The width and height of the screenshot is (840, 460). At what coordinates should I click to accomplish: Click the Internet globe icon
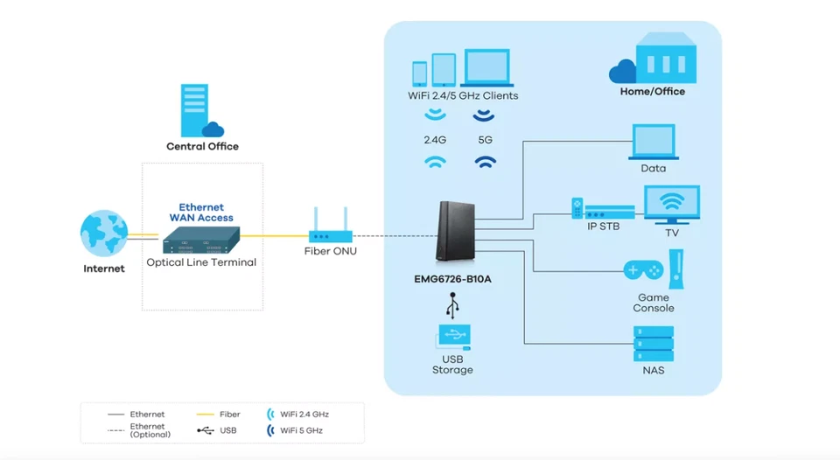103,233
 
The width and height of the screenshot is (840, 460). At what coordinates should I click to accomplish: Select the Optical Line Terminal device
201,240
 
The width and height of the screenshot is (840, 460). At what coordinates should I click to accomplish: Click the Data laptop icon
653,143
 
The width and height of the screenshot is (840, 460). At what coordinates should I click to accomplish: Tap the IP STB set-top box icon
603,210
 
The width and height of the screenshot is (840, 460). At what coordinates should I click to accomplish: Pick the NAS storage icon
653,344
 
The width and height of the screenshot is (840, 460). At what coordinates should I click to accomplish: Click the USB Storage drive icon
452,337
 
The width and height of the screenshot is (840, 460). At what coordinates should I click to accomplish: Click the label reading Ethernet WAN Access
201,213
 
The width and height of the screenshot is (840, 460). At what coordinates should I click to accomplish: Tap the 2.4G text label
434,139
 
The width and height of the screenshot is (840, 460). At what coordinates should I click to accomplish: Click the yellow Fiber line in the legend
205,415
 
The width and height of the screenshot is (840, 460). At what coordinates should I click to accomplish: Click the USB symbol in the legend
205,430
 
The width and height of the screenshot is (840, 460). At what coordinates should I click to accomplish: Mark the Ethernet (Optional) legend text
147,430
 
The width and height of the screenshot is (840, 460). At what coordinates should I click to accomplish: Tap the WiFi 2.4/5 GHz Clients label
463,95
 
